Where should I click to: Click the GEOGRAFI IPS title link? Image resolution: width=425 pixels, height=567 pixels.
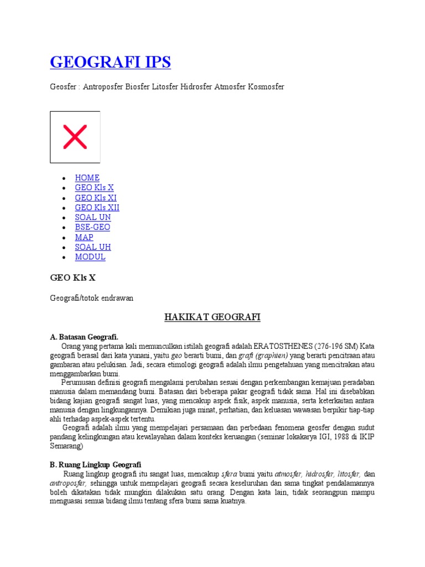pyautogui.click(x=110, y=62)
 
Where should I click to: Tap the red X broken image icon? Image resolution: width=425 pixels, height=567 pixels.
pyautogui.click(x=75, y=137)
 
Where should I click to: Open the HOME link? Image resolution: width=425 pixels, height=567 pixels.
pyautogui.click(x=87, y=178)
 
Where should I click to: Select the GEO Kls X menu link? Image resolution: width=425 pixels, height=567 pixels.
pyautogui.click(x=94, y=188)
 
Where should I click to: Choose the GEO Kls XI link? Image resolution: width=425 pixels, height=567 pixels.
pyautogui.click(x=96, y=198)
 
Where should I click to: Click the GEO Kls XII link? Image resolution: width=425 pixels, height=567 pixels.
pyautogui.click(x=97, y=208)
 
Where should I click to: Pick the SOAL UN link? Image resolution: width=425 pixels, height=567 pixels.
pyautogui.click(x=93, y=218)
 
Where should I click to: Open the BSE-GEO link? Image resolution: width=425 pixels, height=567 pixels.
pyautogui.click(x=92, y=227)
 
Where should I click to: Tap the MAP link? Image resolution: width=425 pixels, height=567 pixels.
pyautogui.click(x=84, y=237)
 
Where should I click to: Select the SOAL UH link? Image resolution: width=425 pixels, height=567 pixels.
pyautogui.click(x=93, y=247)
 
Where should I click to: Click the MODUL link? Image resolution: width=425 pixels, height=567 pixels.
pyautogui.click(x=90, y=257)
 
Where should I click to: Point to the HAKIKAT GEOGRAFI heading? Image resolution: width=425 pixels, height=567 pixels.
pyautogui.click(x=212, y=317)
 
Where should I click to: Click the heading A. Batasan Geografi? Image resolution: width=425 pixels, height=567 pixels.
pyautogui.click(x=84, y=337)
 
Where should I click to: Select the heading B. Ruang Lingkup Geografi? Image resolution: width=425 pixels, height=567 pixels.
pyautogui.click(x=96, y=465)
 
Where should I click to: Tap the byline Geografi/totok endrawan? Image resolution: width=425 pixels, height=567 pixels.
pyautogui.click(x=91, y=298)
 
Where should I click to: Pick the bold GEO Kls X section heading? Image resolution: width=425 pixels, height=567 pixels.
pyautogui.click(x=69, y=278)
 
